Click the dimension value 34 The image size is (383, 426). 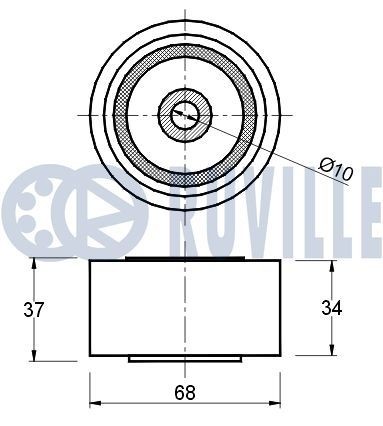pos(332,308)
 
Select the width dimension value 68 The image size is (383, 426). pos(184,391)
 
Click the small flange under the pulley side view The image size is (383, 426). pos(184,358)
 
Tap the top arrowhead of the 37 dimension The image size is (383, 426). pos(36,261)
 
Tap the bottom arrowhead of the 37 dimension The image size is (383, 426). pos(36,358)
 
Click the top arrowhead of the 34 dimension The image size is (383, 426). pos(332,265)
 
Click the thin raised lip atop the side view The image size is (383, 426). pos(184,258)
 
